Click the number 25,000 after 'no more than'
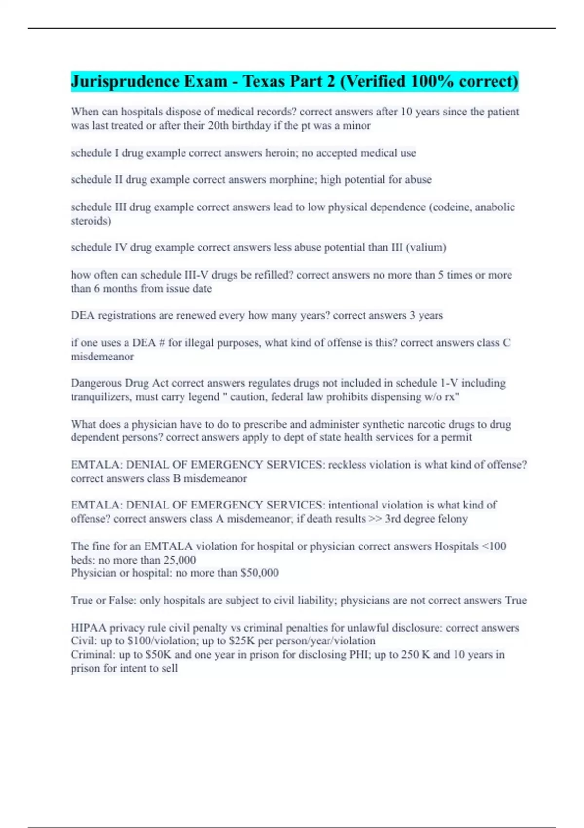179,560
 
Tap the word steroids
91,221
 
